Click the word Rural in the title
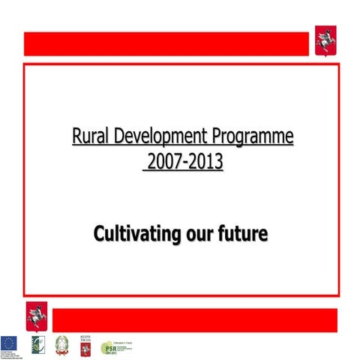[x=90, y=137]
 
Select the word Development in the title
[x=159, y=137]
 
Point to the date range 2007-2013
[x=183, y=160]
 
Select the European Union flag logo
[x=10, y=343]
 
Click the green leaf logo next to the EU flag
[x=35, y=344]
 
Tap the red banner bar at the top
[x=166, y=43]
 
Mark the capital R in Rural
[x=76, y=137]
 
